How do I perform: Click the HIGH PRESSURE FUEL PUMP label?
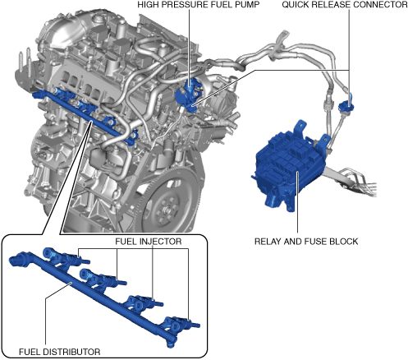pyautogui.click(x=199, y=5)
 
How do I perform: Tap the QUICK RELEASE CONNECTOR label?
pyautogui.click(x=345, y=5)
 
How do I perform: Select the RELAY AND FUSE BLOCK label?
pyautogui.click(x=306, y=242)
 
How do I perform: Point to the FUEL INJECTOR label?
pyautogui.click(x=149, y=242)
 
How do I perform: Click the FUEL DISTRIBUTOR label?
pyautogui.click(x=60, y=352)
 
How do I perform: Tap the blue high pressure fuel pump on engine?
pyautogui.click(x=188, y=95)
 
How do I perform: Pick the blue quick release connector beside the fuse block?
pyautogui.click(x=346, y=104)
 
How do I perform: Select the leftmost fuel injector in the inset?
pyautogui.click(x=66, y=257)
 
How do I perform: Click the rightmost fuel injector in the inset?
pyautogui.click(x=181, y=323)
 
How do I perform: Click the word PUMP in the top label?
pyautogui.click(x=247, y=5)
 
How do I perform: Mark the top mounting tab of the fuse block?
pyautogui.click(x=300, y=126)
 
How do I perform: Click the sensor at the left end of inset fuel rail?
pyautogui.click(x=20, y=259)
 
